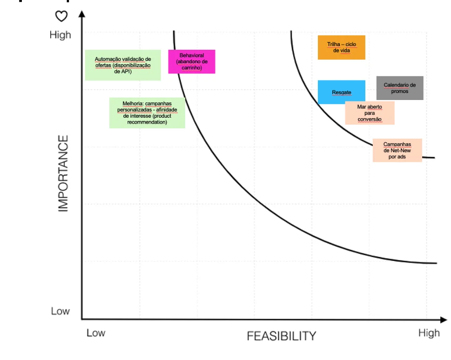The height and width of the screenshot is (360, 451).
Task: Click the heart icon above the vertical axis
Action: click(61, 16)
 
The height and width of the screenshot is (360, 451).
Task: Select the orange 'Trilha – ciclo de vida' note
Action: click(342, 47)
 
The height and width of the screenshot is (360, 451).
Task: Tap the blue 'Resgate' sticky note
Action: click(342, 92)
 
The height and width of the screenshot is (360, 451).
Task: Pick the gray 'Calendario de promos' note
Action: click(400, 88)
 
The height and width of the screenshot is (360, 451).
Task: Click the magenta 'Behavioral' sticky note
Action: click(192, 61)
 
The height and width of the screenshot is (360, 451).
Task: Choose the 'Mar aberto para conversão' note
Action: click(370, 113)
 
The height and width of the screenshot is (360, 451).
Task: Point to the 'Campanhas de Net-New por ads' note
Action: click(397, 150)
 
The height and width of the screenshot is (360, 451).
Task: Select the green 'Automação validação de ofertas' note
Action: click(123, 65)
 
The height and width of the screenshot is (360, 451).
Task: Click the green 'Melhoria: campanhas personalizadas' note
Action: click(147, 113)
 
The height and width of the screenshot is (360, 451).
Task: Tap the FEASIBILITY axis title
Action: click(281, 336)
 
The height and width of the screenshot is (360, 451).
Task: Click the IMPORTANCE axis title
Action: click(63, 173)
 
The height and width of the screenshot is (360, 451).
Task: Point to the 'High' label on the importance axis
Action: click(60, 35)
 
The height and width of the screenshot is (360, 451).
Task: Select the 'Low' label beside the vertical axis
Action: click(60, 311)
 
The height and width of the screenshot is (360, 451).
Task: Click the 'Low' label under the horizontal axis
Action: click(96, 333)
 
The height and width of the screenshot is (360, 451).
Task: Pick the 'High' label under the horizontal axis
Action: click(429, 333)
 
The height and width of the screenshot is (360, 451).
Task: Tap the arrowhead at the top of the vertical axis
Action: click(82, 14)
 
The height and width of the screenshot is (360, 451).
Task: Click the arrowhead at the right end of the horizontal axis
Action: click(444, 320)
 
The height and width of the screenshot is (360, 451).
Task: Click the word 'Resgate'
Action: click(342, 93)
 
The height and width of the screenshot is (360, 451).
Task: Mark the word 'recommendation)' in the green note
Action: click(147, 122)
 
